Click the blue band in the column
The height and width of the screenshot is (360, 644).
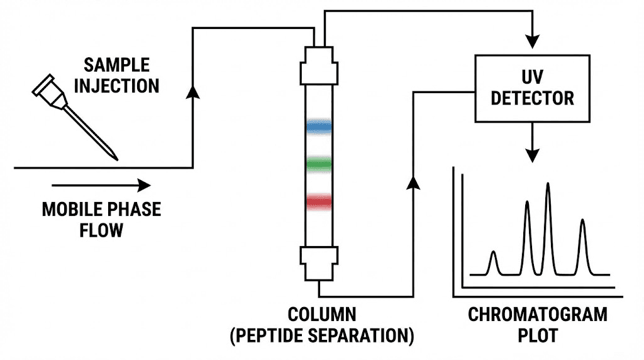319,126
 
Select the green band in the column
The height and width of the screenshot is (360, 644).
319,164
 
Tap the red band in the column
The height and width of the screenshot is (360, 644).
319,201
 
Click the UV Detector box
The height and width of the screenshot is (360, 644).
532,89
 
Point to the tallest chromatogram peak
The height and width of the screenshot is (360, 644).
548,189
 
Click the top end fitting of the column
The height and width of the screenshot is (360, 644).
319,67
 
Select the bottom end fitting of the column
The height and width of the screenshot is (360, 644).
319,264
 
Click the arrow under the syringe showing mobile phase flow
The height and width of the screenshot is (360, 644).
101,185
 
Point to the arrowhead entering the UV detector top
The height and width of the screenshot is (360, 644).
533,41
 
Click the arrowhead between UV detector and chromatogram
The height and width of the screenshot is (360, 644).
533,152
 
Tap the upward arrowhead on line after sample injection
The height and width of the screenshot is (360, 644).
194,92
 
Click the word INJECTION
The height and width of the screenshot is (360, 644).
118,86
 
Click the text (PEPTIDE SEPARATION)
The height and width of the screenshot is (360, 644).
321,334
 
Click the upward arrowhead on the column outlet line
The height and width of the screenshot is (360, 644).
413,182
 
